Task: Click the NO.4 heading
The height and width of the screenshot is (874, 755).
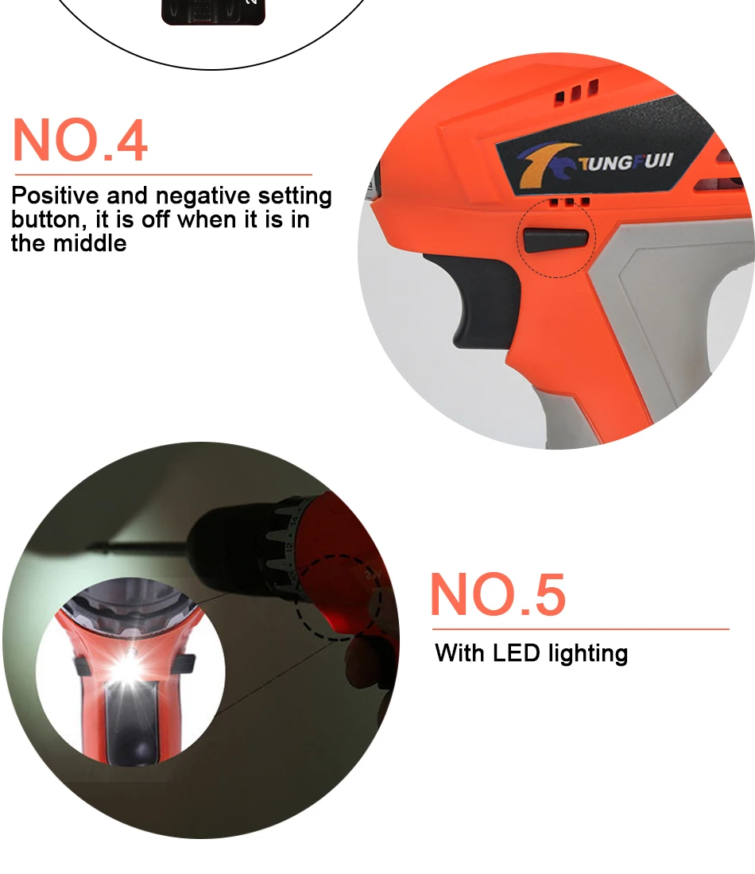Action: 79,140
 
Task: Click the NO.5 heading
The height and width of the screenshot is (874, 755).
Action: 498,595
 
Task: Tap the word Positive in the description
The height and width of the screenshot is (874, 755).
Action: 55,195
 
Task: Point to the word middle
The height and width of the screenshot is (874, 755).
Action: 90,244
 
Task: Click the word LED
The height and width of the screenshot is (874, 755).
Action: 517,653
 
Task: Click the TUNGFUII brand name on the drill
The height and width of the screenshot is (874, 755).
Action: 625,162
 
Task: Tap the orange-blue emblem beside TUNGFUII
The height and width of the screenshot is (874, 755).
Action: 548,164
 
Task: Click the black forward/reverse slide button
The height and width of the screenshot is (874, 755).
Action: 556,240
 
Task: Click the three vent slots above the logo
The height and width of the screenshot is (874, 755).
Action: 576,92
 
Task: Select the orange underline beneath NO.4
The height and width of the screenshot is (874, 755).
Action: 164,175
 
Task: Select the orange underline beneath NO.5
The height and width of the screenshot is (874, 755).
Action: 580,629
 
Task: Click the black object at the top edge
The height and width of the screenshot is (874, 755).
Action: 213,12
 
